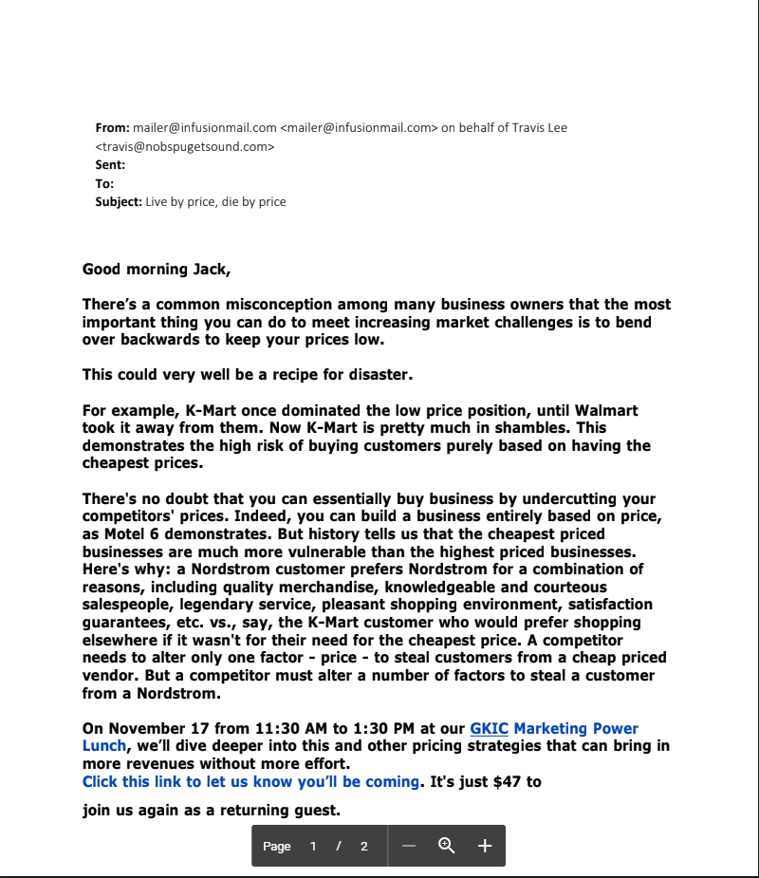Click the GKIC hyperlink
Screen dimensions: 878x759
(x=490, y=729)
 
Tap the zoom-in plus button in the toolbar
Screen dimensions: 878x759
(x=484, y=846)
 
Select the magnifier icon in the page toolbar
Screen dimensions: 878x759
(x=446, y=846)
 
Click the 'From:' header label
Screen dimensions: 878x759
(x=112, y=127)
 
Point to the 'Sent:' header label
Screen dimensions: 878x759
(x=110, y=165)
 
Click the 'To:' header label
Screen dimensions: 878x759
(x=104, y=183)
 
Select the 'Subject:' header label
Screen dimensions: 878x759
(x=119, y=202)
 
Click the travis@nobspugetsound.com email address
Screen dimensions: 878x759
(x=185, y=146)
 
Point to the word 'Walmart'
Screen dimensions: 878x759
(x=603, y=411)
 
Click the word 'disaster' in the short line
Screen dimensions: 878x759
(x=378, y=375)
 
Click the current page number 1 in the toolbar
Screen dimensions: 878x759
(x=312, y=847)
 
